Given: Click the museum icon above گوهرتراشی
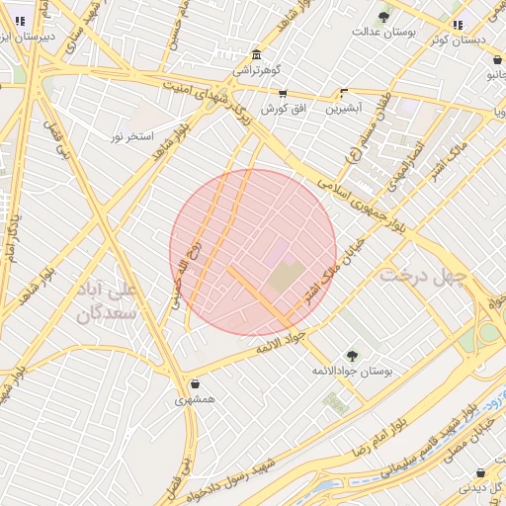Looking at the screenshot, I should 257,53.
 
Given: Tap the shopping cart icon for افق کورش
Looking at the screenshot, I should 283,93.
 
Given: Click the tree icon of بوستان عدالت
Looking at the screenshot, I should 383,16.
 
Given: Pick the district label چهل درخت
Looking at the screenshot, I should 421,276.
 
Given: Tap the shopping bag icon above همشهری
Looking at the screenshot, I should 194,383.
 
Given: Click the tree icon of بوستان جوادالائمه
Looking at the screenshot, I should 351,355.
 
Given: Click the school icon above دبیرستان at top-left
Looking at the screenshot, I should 21,20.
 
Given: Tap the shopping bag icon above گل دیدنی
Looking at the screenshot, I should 479,472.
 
